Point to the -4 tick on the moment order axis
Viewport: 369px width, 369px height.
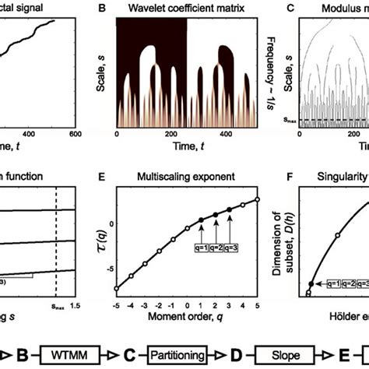(x=131, y=303)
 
